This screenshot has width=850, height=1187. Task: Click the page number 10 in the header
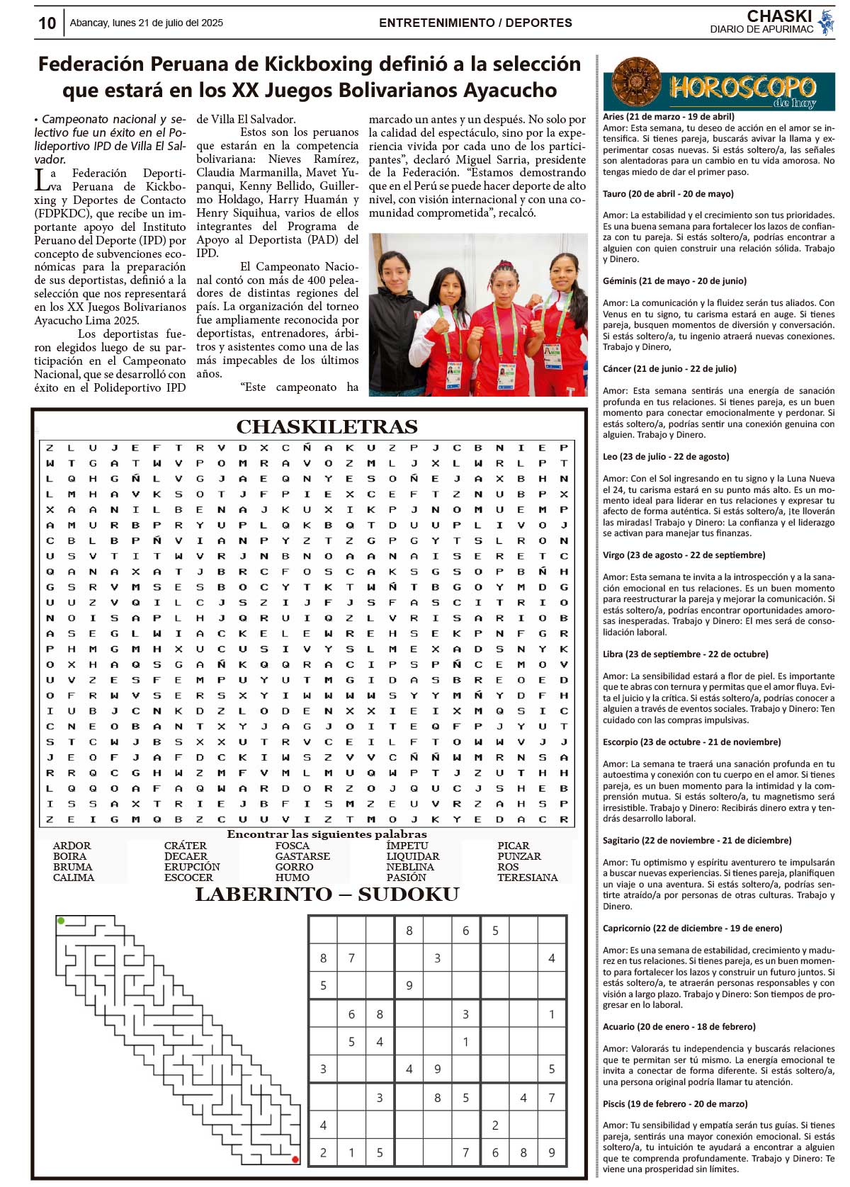[x=47, y=23]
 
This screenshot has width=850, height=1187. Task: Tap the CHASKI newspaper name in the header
[x=779, y=16]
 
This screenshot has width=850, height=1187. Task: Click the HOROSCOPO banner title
[x=742, y=88]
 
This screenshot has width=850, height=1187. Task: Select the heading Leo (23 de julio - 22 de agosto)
[x=666, y=457]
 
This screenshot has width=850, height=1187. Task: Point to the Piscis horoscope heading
[x=675, y=1103]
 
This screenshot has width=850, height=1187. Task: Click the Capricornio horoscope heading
[x=692, y=928]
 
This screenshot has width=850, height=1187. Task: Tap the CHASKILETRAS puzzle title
[x=327, y=426]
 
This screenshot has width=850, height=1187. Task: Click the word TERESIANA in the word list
[x=527, y=878]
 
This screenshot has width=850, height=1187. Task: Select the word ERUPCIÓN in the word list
[x=192, y=867]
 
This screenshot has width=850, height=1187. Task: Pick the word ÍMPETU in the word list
[x=407, y=846]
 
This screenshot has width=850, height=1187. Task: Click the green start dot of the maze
[x=62, y=921]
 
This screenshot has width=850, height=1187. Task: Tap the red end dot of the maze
[x=295, y=1159]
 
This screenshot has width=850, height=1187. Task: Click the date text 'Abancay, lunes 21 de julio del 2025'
[x=146, y=23]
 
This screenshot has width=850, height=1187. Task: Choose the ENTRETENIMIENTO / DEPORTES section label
[x=475, y=23]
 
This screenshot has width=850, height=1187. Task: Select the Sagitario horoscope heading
[x=697, y=841]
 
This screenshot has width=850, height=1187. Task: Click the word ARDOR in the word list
[x=72, y=846]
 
